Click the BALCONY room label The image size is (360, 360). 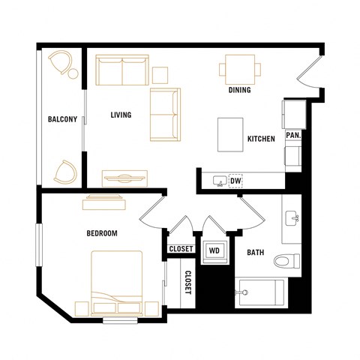pos(62,119)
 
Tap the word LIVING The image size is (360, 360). pos(121,115)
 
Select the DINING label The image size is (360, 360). pos(240,91)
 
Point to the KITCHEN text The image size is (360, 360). pos(261,139)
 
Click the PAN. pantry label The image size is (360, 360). pos(293,136)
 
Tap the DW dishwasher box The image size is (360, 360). pos(235,181)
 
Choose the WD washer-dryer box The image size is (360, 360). pos(214,250)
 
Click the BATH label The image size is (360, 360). pos(256,252)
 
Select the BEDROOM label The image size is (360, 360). pos(102,233)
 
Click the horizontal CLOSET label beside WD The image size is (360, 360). pos(181,249)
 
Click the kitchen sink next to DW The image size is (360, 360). pos(219,181)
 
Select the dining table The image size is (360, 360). pos(240,70)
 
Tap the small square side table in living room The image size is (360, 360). pos(160,74)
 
